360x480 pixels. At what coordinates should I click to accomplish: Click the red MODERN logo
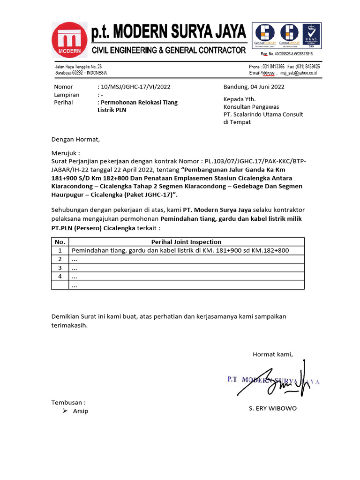point(69,39)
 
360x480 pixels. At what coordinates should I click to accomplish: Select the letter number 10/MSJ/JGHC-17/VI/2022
point(134,87)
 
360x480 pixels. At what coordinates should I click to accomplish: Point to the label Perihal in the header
point(64,102)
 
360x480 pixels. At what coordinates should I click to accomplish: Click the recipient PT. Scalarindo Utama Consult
point(263,114)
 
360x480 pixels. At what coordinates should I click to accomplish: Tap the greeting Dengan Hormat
point(75,139)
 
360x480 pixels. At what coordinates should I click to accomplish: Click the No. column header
point(60,242)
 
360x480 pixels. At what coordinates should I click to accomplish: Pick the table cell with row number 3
point(60,268)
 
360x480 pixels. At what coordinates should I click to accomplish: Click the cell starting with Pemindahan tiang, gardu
point(180,250)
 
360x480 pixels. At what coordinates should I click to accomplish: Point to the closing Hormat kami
point(272,354)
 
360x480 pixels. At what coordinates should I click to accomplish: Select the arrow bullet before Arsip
point(65,411)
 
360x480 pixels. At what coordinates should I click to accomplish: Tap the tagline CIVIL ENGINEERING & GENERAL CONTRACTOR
point(168,50)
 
